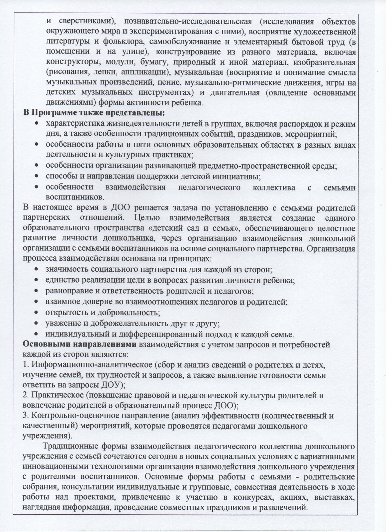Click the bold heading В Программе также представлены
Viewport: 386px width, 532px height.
point(94,113)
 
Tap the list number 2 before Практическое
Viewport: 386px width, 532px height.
point(25,396)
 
